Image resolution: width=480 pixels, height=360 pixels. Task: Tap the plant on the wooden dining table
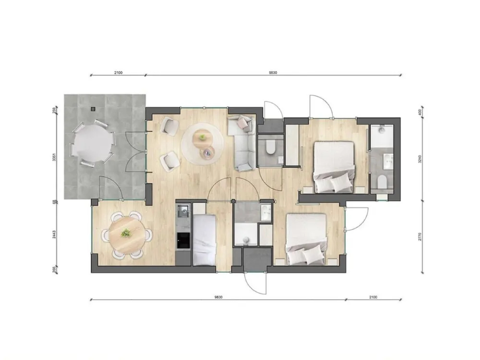[126, 233]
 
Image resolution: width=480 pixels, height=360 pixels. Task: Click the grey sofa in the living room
[242, 143]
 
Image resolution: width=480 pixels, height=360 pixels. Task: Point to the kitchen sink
[183, 211]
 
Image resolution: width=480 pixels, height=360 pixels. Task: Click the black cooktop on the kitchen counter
[183, 240]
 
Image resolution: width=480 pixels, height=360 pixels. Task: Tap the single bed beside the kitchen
[204, 239]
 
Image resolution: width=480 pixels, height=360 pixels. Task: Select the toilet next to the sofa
[270, 147]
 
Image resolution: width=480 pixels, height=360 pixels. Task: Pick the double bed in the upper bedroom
[334, 167]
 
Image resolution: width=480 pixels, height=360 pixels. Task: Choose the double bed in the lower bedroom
[306, 238]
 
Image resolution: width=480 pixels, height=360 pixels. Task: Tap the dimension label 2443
[54, 234]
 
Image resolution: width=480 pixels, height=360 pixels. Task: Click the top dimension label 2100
[118, 72]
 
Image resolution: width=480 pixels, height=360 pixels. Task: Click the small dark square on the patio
[93, 109]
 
